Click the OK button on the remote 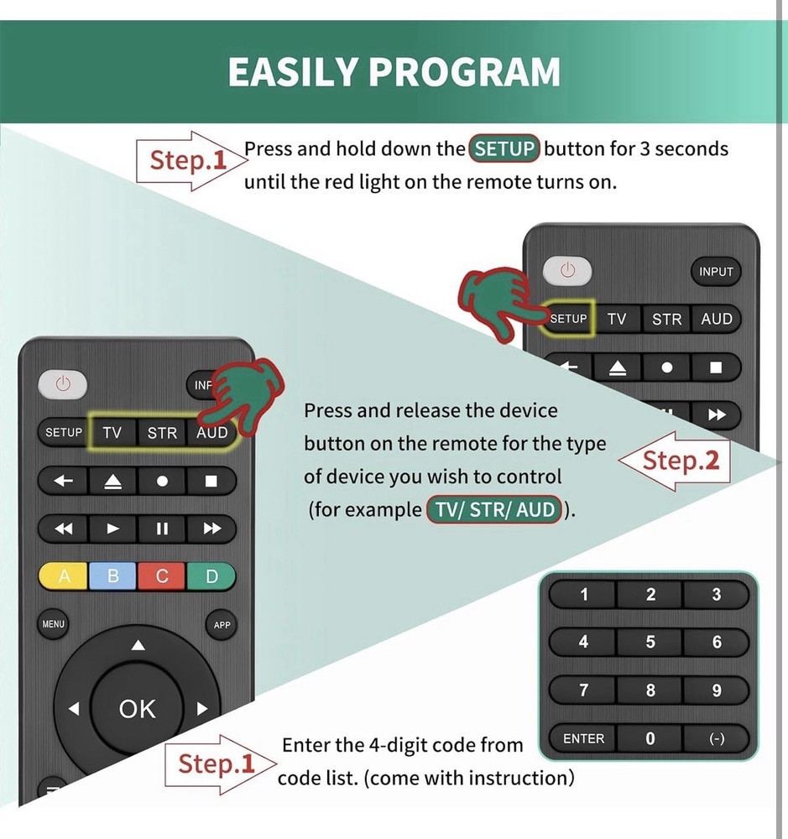coord(137,709)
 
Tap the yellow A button coord(64,576)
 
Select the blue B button coord(112,576)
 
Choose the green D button coord(211,576)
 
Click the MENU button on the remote coord(54,624)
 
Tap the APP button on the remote coord(222,625)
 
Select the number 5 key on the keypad coord(650,642)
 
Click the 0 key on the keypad coord(650,738)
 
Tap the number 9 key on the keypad coord(716,690)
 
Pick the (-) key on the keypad coord(716,738)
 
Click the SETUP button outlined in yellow coord(568,319)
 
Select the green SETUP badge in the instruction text coord(504,149)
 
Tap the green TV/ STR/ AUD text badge coord(494,509)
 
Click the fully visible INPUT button coord(716,271)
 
